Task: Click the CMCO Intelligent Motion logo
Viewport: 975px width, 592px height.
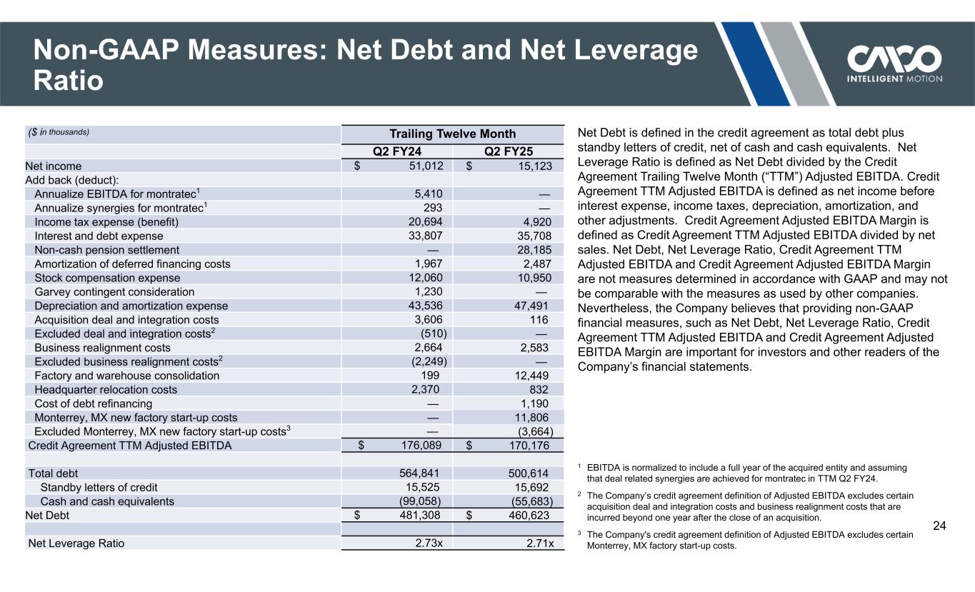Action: (x=894, y=63)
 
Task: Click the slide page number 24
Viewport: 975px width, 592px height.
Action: (x=940, y=526)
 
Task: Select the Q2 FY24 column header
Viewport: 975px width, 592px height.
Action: (x=397, y=152)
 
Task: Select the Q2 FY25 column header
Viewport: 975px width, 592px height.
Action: (x=509, y=152)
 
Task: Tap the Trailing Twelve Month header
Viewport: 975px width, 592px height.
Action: (x=452, y=134)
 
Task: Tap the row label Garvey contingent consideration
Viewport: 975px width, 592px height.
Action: (x=114, y=292)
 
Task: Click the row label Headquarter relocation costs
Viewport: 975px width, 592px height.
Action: (x=106, y=390)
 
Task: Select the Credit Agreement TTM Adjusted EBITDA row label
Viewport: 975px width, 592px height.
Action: (x=129, y=446)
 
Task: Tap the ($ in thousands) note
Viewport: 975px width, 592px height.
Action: (x=59, y=132)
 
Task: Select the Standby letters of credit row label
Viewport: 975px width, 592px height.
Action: (x=99, y=488)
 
